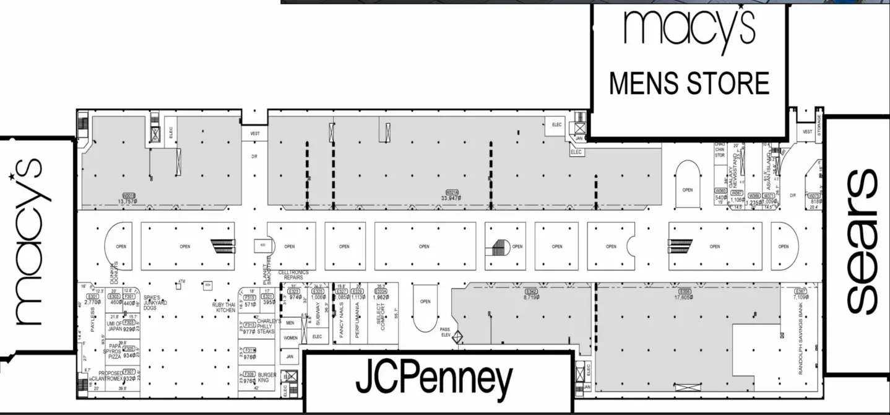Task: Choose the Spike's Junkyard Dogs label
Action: [x=156, y=302]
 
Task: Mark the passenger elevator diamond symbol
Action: [x=458, y=338]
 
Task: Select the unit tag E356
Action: [x=685, y=291]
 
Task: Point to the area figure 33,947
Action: [x=451, y=198]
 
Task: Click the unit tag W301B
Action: [x=129, y=196]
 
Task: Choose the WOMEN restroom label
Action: [x=290, y=338]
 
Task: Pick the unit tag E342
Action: [x=530, y=291]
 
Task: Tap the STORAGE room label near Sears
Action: [x=819, y=126]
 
